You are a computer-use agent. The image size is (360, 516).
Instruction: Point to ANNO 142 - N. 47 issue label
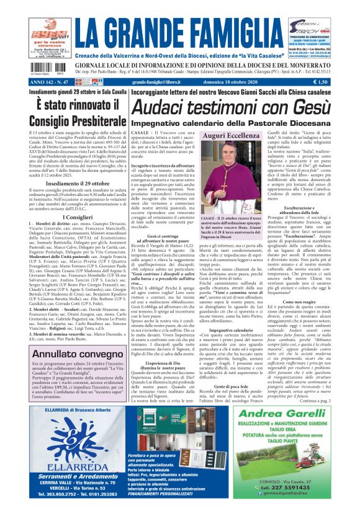(50, 81)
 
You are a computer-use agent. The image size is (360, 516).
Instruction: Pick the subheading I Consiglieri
(74, 217)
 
